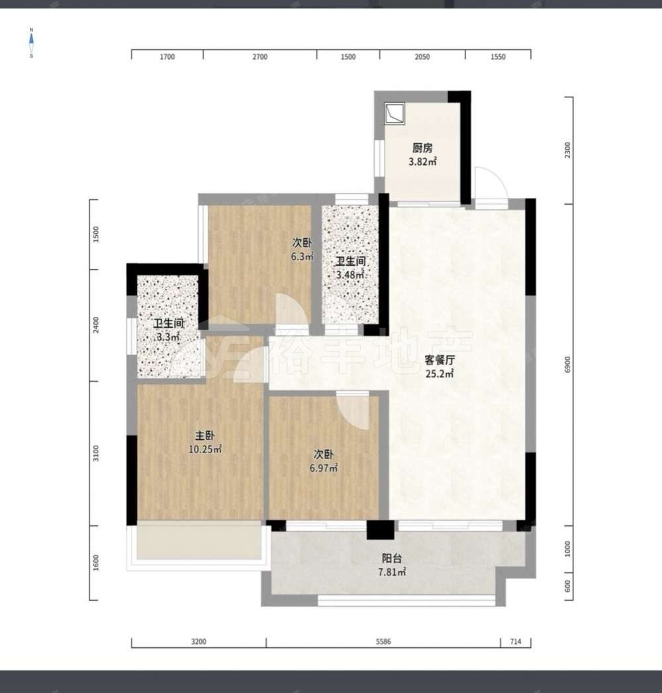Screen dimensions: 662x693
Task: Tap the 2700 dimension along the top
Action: point(260,56)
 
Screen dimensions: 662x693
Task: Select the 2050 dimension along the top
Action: point(422,56)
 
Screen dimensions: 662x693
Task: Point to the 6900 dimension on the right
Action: point(567,364)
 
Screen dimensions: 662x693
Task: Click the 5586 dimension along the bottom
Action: point(383,642)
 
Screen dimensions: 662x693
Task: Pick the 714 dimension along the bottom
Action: point(516,642)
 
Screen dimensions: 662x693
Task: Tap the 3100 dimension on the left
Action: point(96,453)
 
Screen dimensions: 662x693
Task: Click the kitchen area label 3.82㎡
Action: point(422,162)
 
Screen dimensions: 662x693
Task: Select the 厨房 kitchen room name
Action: point(422,148)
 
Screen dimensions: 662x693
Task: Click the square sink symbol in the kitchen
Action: point(395,113)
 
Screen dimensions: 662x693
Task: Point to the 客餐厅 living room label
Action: point(440,360)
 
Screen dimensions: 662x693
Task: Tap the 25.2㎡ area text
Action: point(440,374)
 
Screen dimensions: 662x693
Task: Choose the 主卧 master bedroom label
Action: point(205,436)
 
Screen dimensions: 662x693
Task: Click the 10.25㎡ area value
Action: point(205,450)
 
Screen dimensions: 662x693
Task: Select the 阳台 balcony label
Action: point(392,559)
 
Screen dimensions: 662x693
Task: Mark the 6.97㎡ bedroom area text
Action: point(323,468)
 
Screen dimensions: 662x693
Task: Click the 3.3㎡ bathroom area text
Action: point(168,337)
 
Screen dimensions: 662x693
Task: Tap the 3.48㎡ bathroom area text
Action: point(350,275)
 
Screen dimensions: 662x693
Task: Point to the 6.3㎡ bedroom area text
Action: point(302,256)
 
